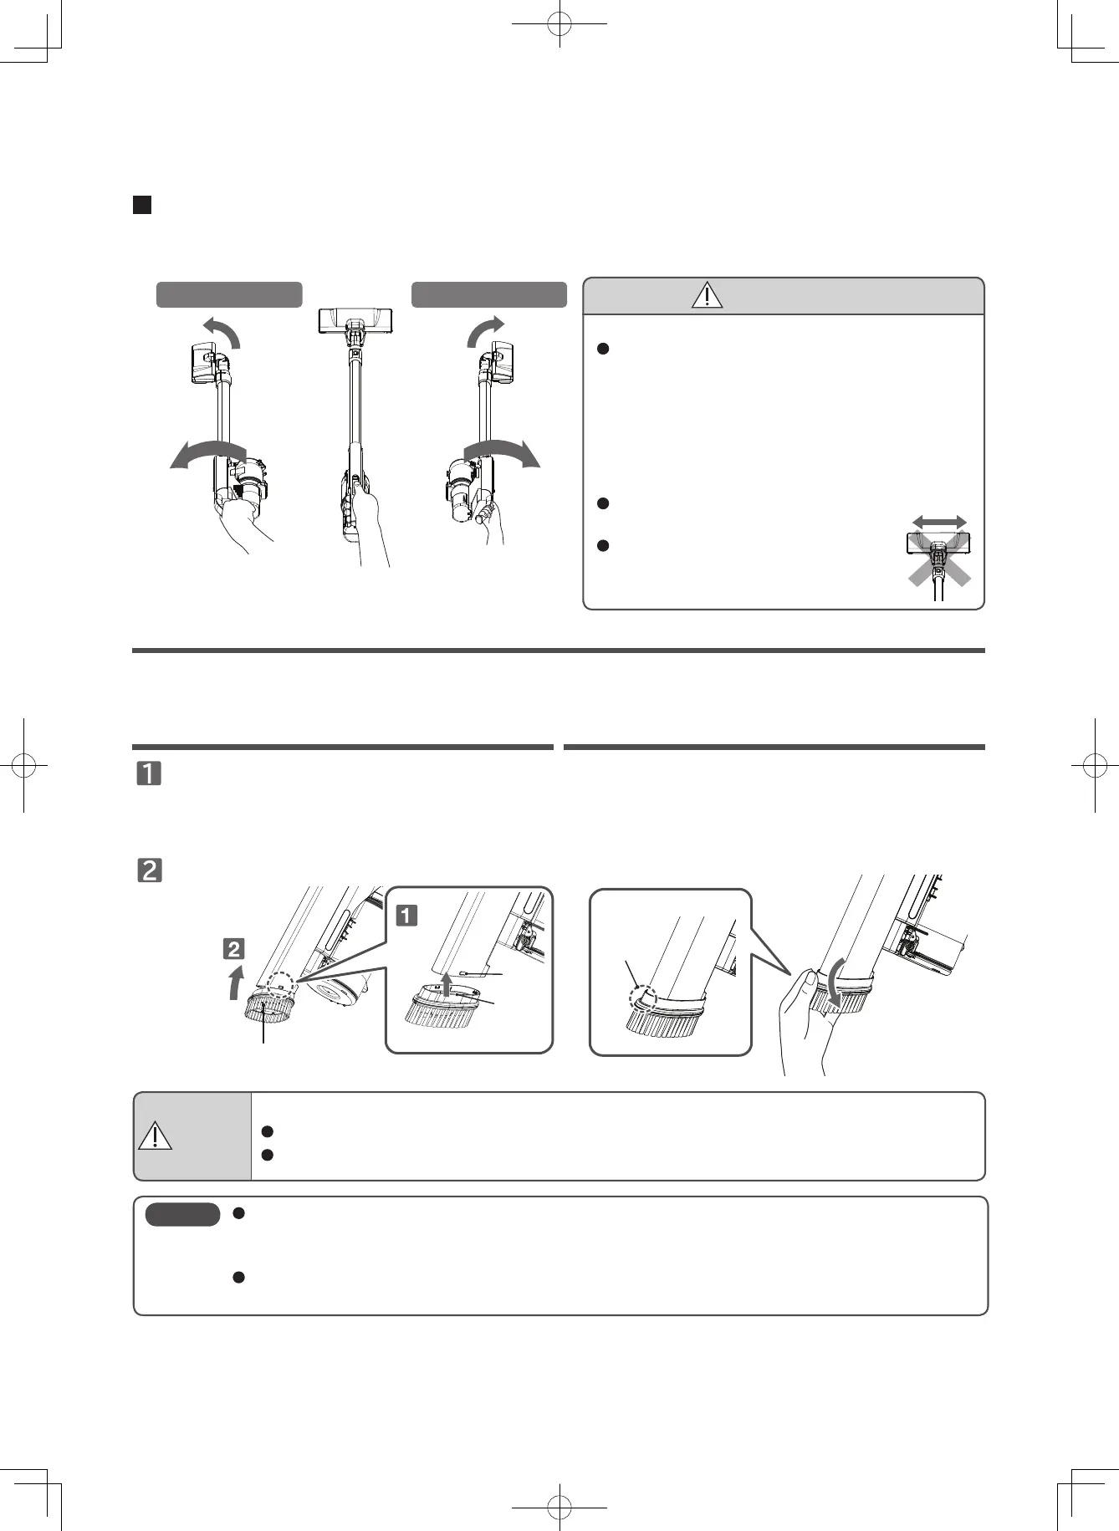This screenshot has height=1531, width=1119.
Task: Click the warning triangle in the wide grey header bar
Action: [x=707, y=295]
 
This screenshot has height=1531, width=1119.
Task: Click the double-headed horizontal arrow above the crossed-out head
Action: [x=939, y=522]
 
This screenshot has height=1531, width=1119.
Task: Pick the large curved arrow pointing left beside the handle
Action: [x=207, y=454]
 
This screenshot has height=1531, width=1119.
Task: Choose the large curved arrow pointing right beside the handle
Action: [x=503, y=452]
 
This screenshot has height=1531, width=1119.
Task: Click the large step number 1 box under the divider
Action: [x=149, y=773]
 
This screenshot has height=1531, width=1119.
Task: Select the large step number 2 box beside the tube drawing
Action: [x=149, y=870]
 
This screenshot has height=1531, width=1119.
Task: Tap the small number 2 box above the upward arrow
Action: [x=233, y=948]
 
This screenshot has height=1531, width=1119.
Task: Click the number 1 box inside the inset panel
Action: [x=406, y=916]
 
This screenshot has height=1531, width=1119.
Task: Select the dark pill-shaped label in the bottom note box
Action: [x=182, y=1214]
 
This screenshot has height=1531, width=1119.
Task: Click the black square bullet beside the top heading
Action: [x=142, y=205]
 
